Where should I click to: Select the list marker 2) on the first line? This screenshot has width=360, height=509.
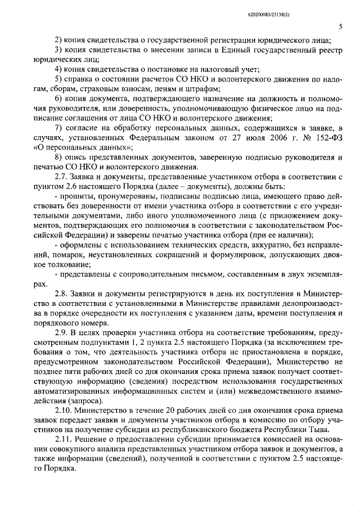click(x=58, y=39)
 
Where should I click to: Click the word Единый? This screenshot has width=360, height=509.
click(x=223, y=49)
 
